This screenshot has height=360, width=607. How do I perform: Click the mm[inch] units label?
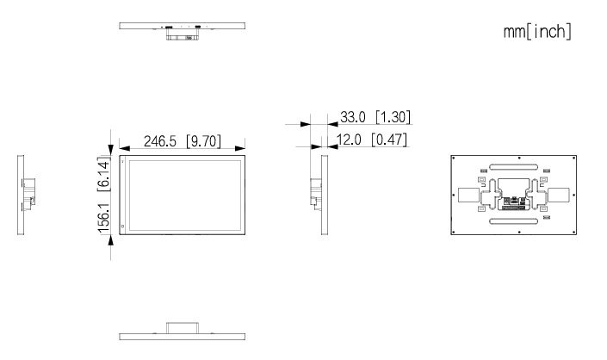click(537, 31)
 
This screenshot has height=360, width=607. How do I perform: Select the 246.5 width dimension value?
click(160, 141)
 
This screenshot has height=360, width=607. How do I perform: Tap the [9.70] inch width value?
click(203, 141)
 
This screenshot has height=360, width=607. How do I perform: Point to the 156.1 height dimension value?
click(103, 218)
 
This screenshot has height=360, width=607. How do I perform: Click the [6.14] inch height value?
click(103, 174)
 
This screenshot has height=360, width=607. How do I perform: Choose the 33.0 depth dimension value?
click(353, 117)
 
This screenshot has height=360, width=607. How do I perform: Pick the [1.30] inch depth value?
click(393, 117)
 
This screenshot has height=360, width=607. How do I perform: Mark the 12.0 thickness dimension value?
click(350, 140)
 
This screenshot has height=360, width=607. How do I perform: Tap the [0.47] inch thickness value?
click(389, 140)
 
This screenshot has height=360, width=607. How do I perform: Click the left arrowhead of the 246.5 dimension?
click(124, 148)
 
